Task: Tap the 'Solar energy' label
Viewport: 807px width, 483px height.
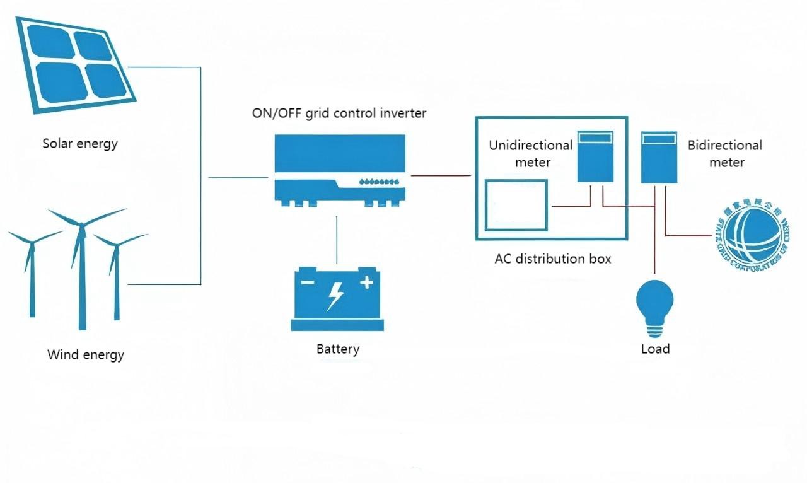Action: point(80,144)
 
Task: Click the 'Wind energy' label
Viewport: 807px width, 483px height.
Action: point(86,354)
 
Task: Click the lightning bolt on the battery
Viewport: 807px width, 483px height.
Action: point(335,296)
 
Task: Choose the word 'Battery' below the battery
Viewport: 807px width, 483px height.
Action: point(338,349)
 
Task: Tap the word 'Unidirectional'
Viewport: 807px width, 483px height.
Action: point(531,146)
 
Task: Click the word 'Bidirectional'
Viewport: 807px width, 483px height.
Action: point(725,146)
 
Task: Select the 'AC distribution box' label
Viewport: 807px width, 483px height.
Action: point(553,259)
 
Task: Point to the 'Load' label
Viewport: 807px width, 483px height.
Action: point(656,349)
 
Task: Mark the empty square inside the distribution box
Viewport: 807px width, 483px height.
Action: point(516,206)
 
